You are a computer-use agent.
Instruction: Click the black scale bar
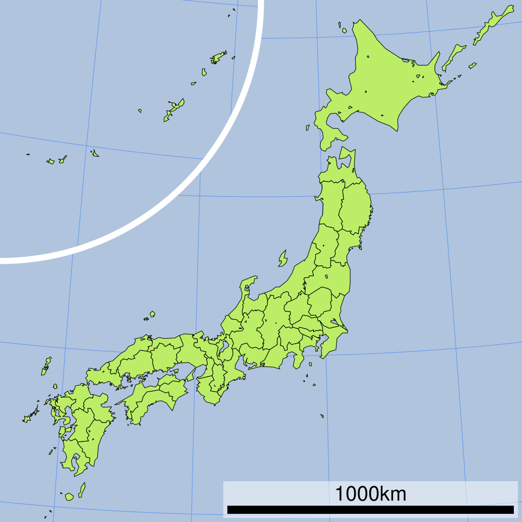pyautogui.click(x=370, y=509)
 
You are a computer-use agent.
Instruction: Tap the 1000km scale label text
pyautogui.click(x=370, y=494)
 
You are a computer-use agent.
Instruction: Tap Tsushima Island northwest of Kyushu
pyautogui.click(x=46, y=366)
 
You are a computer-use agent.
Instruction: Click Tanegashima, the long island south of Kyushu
pyautogui.click(x=82, y=490)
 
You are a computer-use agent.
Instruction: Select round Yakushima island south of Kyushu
pyautogui.click(x=69, y=496)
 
